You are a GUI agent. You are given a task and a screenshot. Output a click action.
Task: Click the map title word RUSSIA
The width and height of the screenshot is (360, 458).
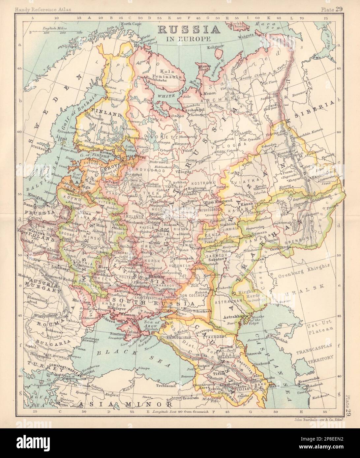coord(189,30)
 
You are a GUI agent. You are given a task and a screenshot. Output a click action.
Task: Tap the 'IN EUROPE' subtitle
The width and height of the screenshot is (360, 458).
coord(189,39)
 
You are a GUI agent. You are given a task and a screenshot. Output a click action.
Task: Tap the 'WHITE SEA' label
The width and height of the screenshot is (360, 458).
coord(168,95)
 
